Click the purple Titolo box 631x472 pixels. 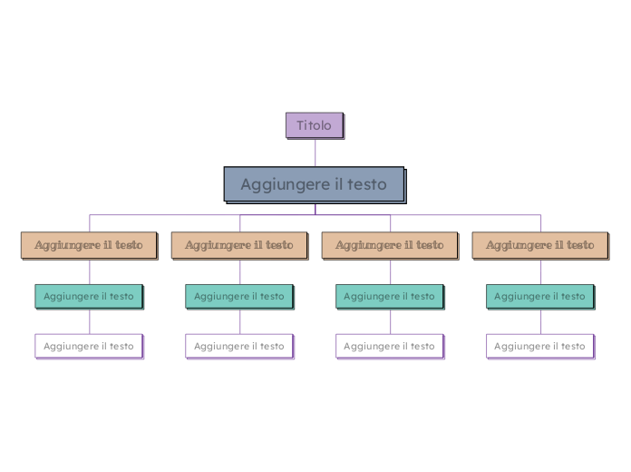314,125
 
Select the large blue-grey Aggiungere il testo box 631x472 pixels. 314,184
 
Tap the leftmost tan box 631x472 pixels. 89,245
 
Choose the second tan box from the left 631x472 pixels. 239,245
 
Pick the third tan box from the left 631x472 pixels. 390,245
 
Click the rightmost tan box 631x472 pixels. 540,245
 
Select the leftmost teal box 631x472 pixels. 89,296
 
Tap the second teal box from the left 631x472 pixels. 239,296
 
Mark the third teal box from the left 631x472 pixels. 390,296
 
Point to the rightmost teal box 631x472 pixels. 540,296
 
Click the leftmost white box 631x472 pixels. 89,346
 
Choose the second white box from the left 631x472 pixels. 239,346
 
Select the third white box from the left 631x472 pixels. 390,346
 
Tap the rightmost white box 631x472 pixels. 540,346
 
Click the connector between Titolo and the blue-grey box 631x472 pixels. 315,152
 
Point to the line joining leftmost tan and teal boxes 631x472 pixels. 89,271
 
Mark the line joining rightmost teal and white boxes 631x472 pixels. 541,321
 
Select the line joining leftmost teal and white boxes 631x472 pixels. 89,321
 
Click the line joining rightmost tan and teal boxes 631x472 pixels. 541,271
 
